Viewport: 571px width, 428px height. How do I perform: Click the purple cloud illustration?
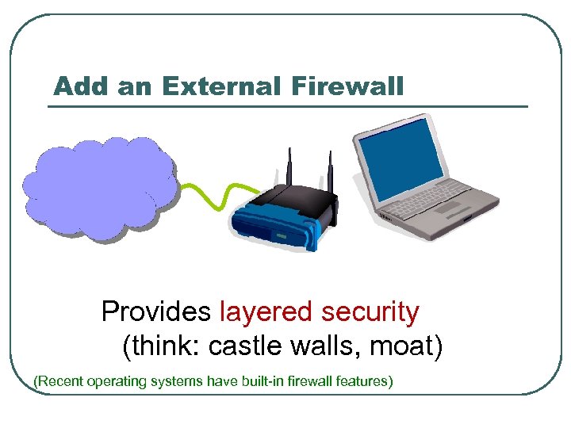tap(99, 189)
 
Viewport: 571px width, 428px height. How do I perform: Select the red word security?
tap(370, 312)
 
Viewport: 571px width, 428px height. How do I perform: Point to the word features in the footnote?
tap(362, 381)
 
